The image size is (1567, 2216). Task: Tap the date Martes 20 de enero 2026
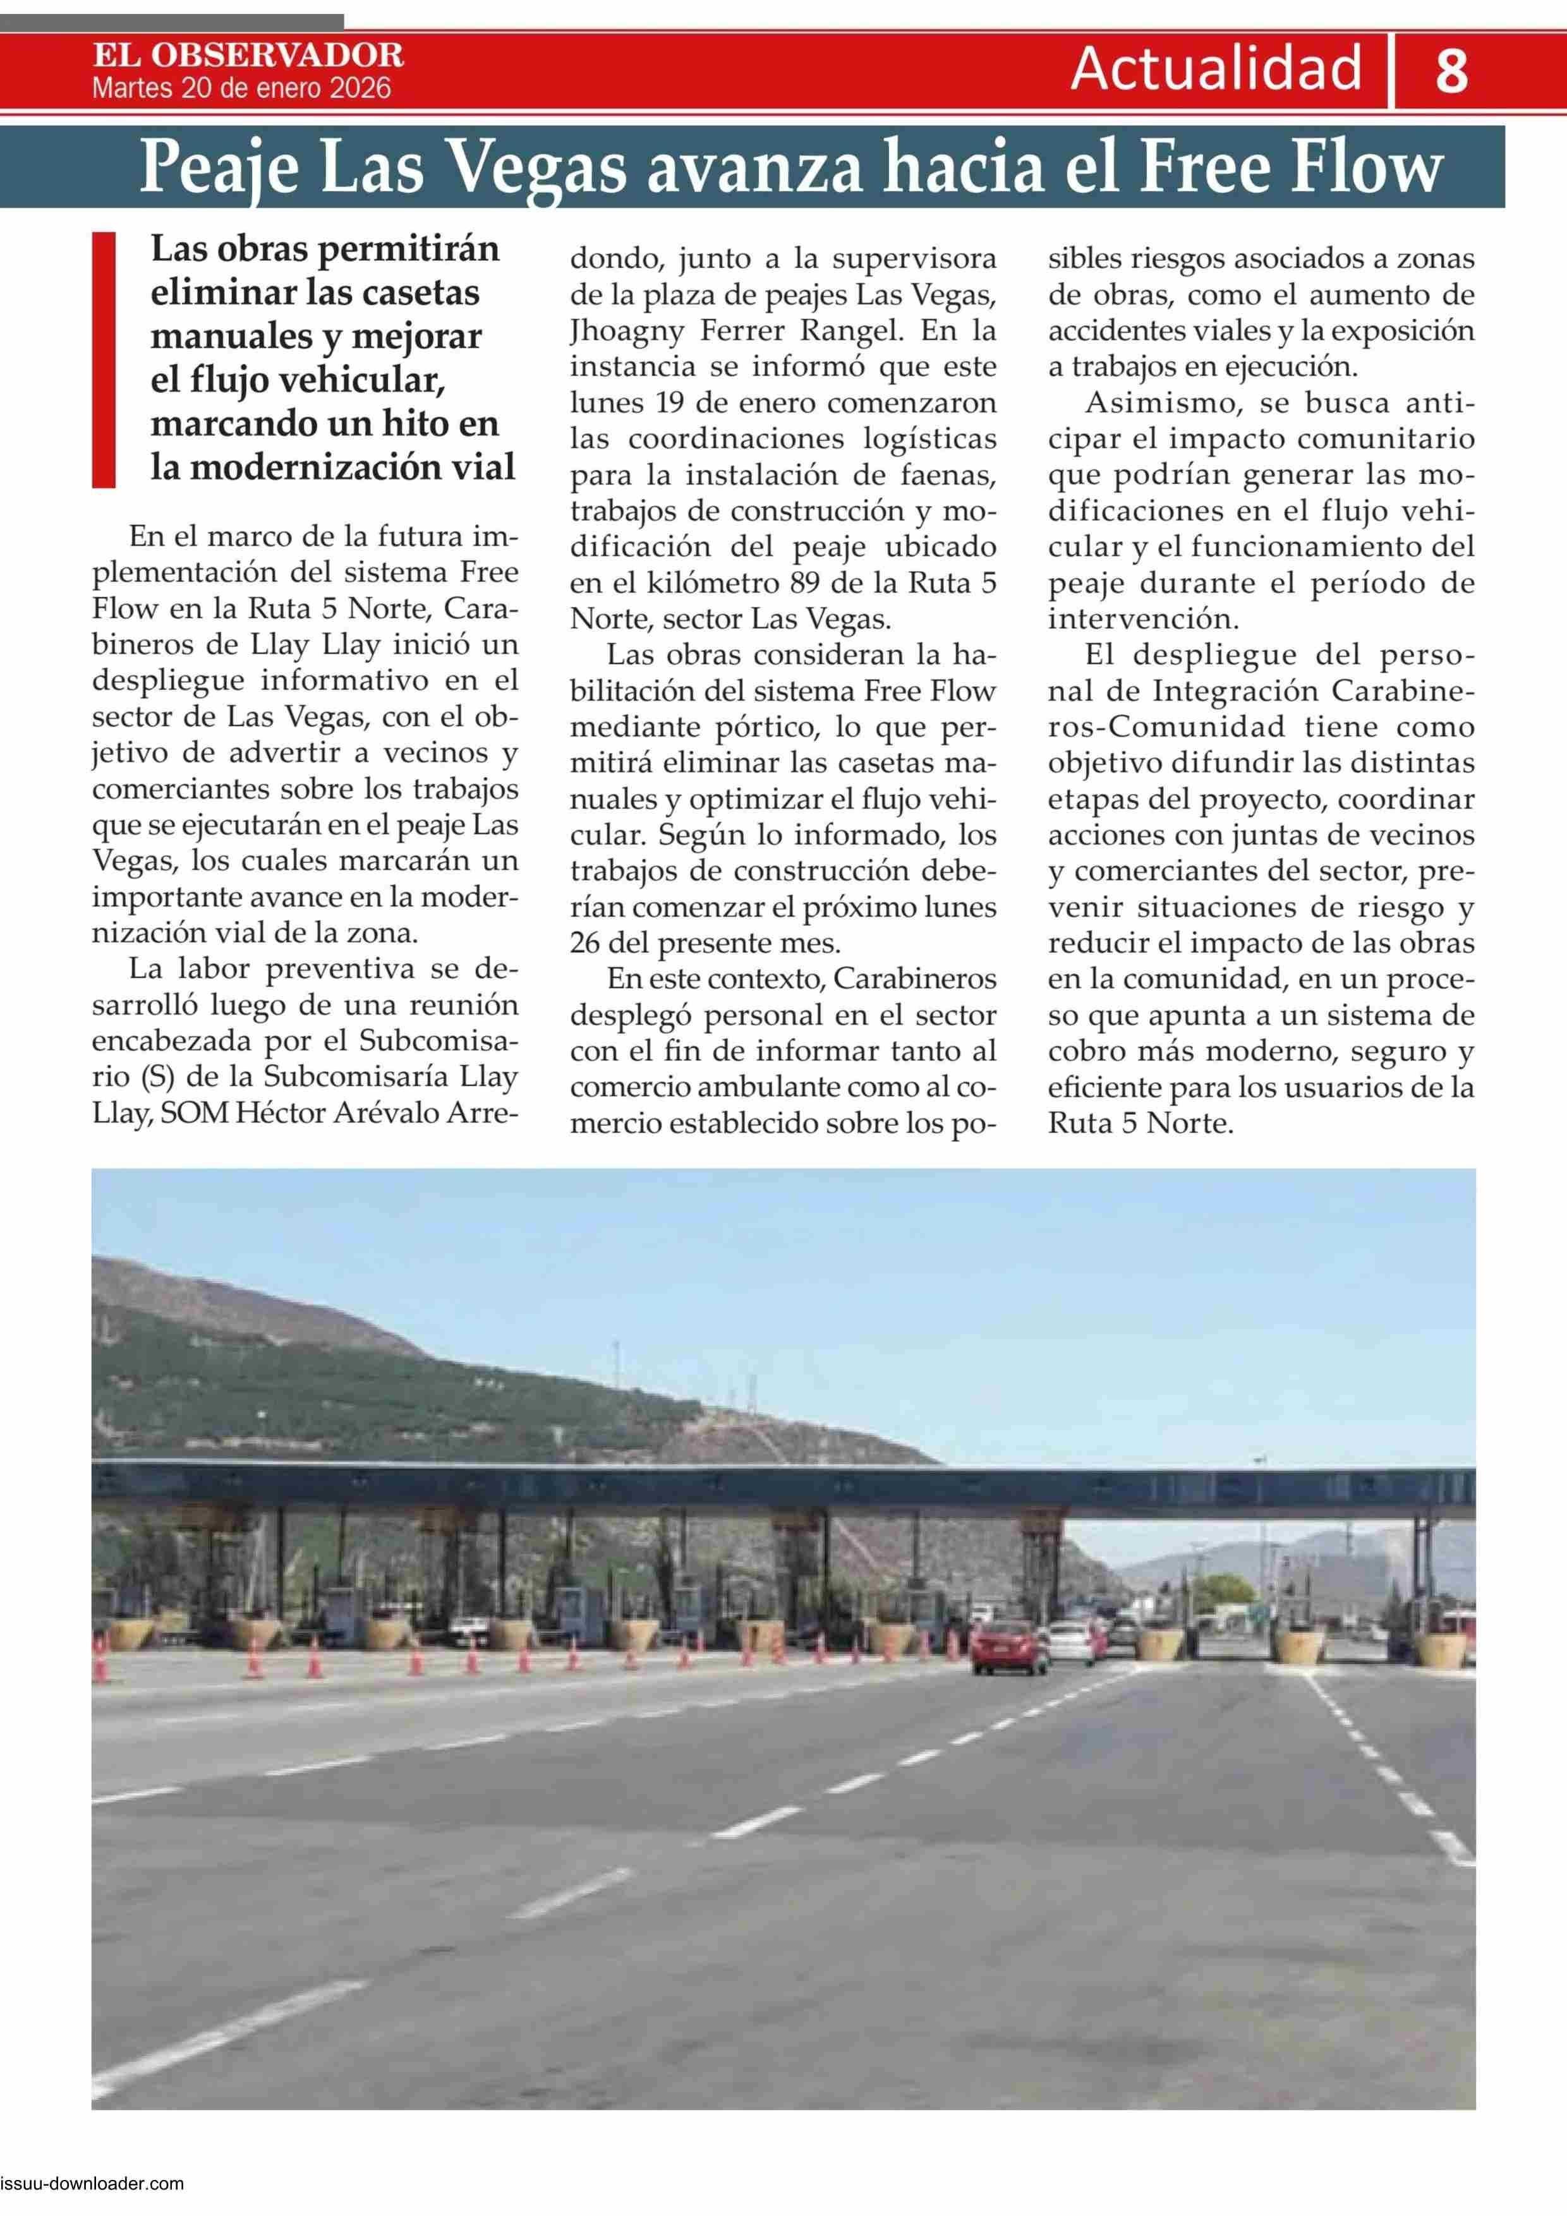click(241, 89)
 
